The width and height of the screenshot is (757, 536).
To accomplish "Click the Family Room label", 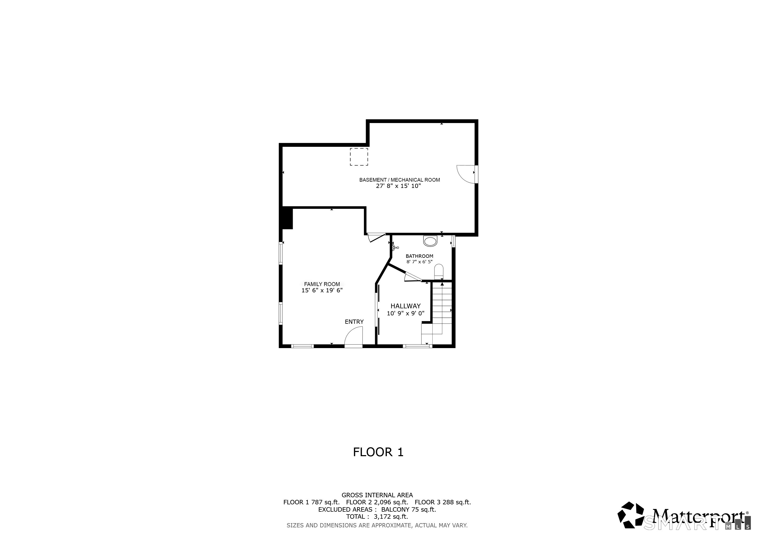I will tap(322, 284).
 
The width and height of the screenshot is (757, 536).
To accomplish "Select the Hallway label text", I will tap(405, 306).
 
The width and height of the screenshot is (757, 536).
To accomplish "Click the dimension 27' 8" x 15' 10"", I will tap(398, 186).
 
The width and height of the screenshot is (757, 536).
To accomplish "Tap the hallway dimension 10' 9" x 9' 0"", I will tap(405, 313).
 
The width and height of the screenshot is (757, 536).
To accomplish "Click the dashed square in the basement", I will tap(359, 157).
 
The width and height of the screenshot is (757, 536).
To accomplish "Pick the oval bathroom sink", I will tap(430, 241).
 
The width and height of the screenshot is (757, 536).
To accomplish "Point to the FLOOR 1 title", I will tap(378, 452).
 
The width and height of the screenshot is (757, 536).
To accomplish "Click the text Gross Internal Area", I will tap(377, 495).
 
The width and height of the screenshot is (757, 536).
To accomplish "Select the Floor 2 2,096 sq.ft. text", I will tap(377, 502).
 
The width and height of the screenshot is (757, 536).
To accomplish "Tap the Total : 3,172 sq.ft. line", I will tap(377, 517).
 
